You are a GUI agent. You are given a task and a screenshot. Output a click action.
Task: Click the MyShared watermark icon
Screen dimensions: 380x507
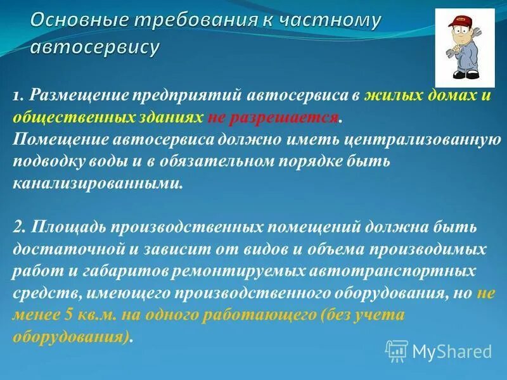(x=397, y=351)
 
